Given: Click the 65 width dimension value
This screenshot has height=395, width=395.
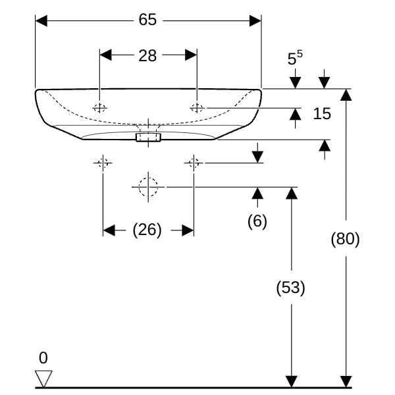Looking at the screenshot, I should click(x=147, y=20).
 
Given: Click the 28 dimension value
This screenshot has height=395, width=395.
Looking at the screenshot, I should click(x=147, y=56).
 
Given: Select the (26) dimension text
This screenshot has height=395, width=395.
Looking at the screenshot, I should click(x=147, y=230).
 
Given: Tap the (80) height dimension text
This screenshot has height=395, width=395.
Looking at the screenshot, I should click(x=345, y=239).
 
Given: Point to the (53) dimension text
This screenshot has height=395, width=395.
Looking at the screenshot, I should click(x=290, y=287).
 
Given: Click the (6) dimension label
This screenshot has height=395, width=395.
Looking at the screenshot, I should click(x=257, y=221).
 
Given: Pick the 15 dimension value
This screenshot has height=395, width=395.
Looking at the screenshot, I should click(x=322, y=114).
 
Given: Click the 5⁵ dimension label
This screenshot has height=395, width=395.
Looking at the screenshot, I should click(x=295, y=58).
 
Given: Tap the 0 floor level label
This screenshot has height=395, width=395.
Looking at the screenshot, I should click(x=43, y=358).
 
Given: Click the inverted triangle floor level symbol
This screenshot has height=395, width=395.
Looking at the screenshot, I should click(x=44, y=379).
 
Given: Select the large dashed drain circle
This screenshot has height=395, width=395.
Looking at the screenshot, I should click(x=149, y=187).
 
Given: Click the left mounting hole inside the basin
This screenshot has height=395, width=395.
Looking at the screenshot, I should click(x=99, y=108).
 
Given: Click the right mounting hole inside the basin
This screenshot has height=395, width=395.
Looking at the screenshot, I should click(x=197, y=107).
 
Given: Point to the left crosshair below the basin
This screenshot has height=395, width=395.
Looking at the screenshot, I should click(x=103, y=163).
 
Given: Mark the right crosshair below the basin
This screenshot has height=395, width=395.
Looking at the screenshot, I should click(x=194, y=163).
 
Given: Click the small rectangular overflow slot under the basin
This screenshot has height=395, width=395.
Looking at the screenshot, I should click(x=148, y=137).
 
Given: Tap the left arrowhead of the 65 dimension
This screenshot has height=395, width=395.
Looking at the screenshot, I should click(x=41, y=20).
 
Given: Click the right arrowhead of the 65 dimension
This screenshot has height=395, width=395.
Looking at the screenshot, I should click(x=255, y=20).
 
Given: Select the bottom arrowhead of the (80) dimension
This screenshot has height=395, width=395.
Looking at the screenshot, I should click(x=345, y=381).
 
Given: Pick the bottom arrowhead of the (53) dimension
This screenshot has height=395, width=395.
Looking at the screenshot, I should click(x=290, y=381).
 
